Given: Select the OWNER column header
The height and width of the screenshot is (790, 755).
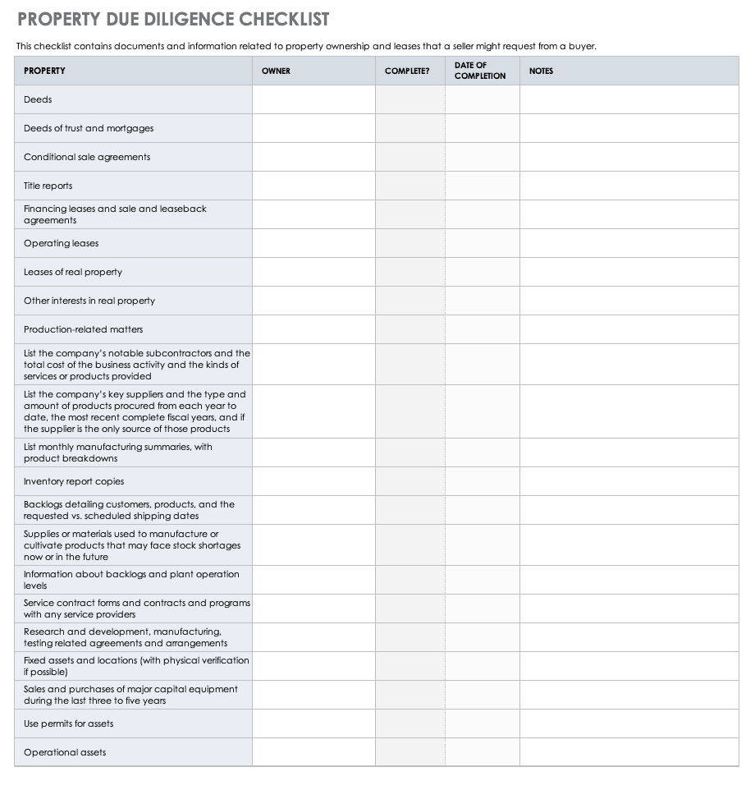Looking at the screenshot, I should (x=276, y=71).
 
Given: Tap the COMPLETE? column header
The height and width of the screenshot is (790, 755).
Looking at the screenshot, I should (x=407, y=71).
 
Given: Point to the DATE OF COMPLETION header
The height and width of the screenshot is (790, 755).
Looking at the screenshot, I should (x=480, y=71).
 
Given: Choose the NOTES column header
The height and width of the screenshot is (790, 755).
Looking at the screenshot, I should (x=541, y=71).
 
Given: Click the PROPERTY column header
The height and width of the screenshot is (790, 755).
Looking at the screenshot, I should (x=44, y=71).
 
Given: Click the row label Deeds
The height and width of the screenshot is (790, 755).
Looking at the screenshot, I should (x=38, y=99).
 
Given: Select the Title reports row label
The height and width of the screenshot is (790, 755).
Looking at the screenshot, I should (x=48, y=186).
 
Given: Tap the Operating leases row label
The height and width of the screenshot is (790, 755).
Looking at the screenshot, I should (x=61, y=243).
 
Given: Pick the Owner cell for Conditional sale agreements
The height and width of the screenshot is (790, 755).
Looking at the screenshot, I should (x=313, y=157).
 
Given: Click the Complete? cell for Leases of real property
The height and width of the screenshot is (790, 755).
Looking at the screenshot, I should (x=410, y=272).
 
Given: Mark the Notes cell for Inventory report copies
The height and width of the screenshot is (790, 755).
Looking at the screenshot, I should (x=629, y=481).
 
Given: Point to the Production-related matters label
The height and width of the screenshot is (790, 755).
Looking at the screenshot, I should (x=83, y=329).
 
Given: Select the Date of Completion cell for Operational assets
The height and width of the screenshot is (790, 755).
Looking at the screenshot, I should (x=483, y=752).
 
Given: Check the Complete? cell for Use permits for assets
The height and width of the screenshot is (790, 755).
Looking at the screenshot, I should (x=410, y=723).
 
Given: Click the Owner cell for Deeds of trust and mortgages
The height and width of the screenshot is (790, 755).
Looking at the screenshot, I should (x=313, y=128).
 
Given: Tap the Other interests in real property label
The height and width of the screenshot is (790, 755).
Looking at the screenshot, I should (x=89, y=301).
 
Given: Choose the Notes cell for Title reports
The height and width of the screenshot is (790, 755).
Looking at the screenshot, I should (x=629, y=186).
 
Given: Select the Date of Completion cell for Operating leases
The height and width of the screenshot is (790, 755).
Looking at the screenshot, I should (x=483, y=243).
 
